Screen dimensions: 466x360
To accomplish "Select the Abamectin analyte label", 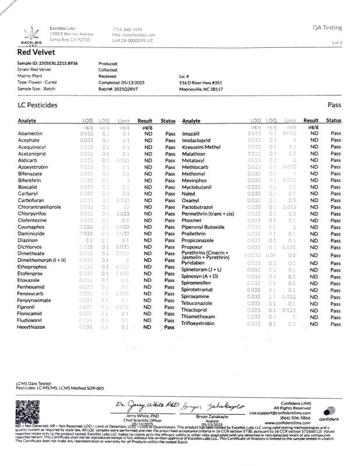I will pos(30,134).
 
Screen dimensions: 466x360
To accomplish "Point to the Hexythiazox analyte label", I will pos(32,327).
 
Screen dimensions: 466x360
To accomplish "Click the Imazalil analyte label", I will pos(192,134).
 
